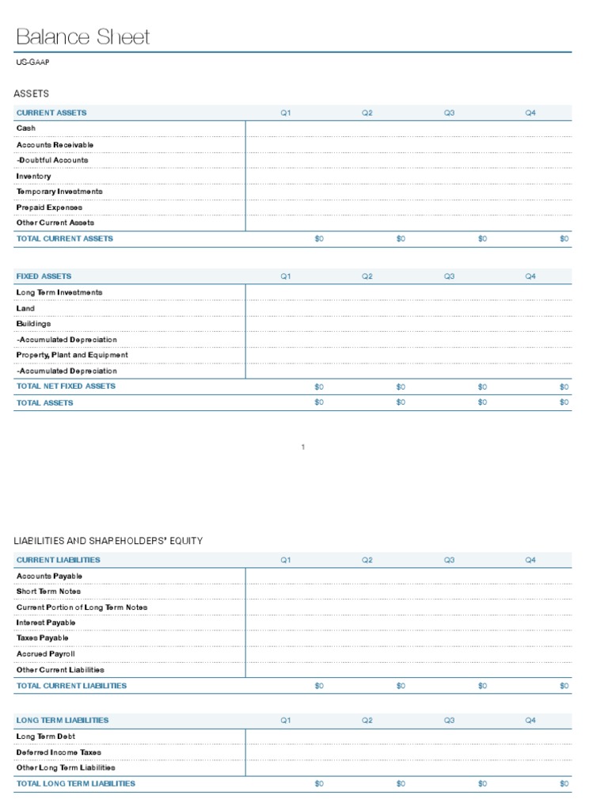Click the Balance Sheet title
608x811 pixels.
coord(82,37)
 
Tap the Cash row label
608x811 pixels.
coord(26,128)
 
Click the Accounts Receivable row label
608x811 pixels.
coord(55,145)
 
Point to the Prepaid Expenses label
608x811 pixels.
coord(49,208)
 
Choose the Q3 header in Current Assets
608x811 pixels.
coord(449,113)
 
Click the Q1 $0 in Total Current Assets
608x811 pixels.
coord(319,239)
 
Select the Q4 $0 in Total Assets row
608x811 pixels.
coord(564,402)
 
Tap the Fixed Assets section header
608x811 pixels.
coord(44,276)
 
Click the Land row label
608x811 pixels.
coord(25,308)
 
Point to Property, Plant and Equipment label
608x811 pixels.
coord(72,355)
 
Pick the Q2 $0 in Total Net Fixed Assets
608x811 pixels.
coord(401,387)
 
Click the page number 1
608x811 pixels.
coord(303,447)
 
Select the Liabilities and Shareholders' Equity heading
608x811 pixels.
coord(108,541)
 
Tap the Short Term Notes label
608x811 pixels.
coord(48,592)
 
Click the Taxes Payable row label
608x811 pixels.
coord(43,638)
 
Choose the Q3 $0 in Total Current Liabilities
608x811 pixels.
coord(482,686)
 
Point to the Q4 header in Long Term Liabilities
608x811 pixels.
coord(530,721)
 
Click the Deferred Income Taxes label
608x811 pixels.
coord(59,752)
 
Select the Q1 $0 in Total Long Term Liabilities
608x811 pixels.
coord(319,784)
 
